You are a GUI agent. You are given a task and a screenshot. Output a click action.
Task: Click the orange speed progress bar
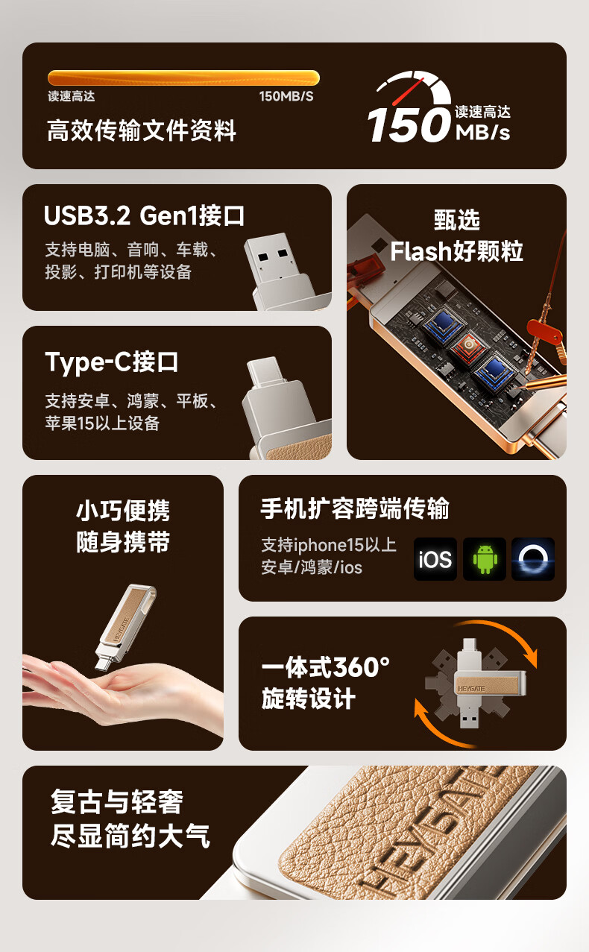click(x=183, y=78)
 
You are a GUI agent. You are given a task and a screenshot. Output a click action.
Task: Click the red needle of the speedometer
click(x=408, y=92)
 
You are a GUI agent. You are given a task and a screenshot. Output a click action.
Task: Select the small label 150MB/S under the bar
click(x=286, y=96)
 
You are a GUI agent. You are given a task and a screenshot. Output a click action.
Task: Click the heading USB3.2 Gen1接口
click(x=144, y=215)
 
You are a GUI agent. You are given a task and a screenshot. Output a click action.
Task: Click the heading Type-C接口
click(x=111, y=362)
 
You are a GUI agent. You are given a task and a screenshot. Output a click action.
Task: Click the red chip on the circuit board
click(x=468, y=346)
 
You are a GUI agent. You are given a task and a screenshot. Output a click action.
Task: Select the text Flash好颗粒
click(x=456, y=250)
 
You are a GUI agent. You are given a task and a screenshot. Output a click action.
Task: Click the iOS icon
click(x=435, y=559)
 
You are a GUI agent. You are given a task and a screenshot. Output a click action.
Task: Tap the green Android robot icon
click(x=485, y=559)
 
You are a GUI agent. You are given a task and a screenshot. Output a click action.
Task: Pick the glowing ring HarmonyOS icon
click(x=533, y=559)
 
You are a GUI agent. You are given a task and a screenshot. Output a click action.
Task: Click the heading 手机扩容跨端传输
click(x=355, y=508)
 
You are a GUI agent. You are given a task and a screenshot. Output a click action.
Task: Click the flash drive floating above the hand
click(x=125, y=628)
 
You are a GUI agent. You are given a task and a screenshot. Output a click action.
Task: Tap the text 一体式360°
click(x=326, y=666)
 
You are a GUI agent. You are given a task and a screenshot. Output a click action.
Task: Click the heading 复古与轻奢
click(x=117, y=802)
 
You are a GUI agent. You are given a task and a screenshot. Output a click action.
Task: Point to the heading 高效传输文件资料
click(x=142, y=130)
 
